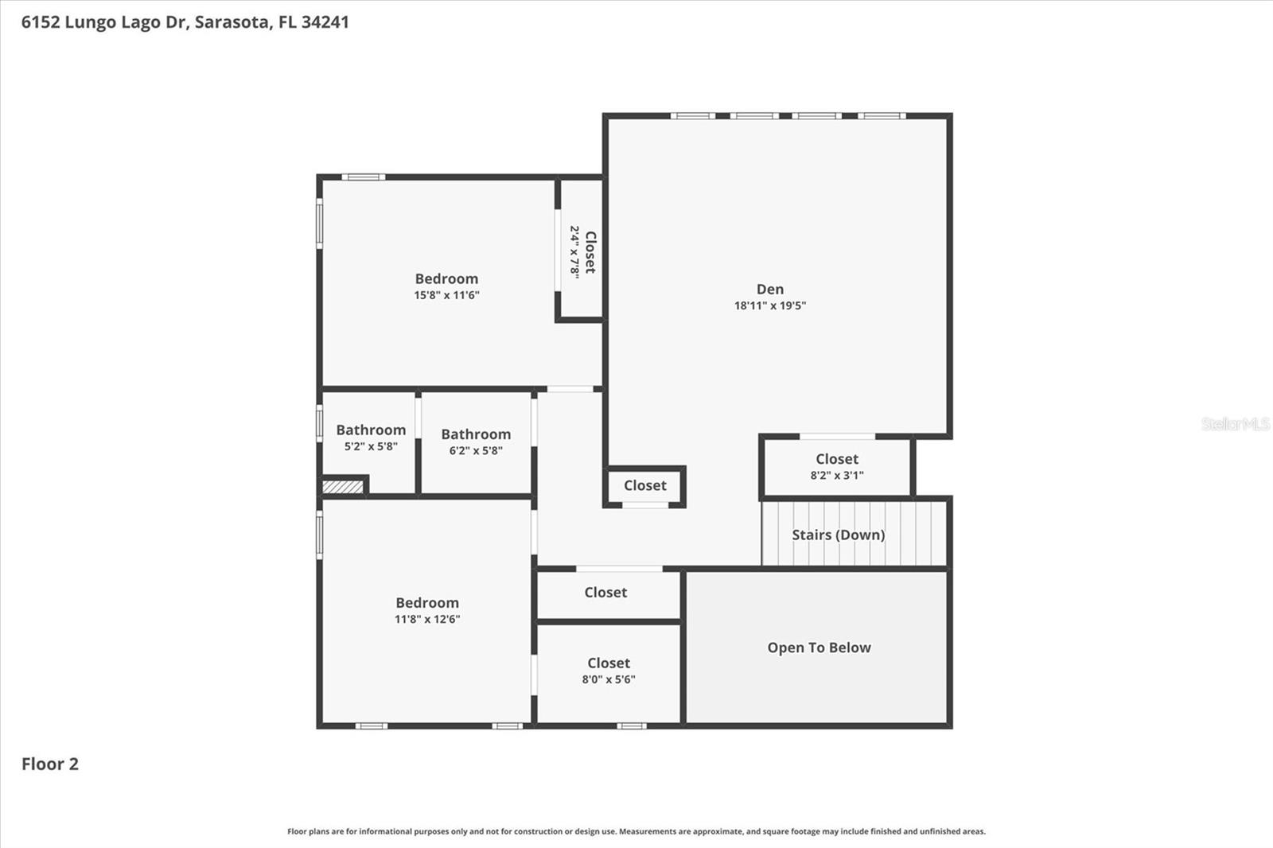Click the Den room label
point(769,290)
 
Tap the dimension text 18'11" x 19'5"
point(769,305)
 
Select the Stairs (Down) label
point(838,535)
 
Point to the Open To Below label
point(819,648)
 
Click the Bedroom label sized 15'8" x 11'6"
point(446,279)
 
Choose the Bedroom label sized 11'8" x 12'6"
point(427,603)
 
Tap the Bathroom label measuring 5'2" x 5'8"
point(371,430)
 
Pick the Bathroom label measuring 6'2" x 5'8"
point(476,434)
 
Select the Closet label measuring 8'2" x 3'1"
point(836,459)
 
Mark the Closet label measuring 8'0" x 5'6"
point(609,663)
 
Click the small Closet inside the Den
point(644,485)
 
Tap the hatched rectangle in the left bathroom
point(343,486)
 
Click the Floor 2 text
point(49,764)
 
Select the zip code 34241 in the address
point(325,21)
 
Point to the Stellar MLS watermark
point(1235,424)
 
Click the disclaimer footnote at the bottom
point(636,831)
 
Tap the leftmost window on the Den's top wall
point(692,116)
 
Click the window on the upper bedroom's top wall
point(364,177)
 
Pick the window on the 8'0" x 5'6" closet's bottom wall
point(632,725)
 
